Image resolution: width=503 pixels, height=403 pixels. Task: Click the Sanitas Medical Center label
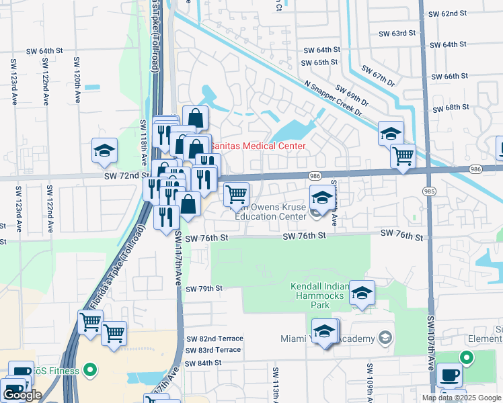[x=258, y=146]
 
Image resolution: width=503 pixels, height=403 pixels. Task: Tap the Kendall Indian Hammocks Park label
[x=320, y=296]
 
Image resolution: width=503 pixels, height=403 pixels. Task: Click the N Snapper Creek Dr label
[x=334, y=99]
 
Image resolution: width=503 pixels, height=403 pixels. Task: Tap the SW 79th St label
[x=204, y=288]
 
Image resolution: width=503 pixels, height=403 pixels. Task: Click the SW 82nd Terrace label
[x=213, y=339]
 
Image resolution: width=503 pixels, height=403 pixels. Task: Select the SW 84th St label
[x=204, y=363]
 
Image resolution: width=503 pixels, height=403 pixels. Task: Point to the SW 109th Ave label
[x=370, y=381]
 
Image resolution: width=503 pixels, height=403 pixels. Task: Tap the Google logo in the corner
[x=22, y=395]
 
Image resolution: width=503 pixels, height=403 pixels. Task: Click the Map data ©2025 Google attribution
[x=461, y=398]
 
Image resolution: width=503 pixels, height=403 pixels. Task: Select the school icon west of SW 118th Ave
[x=105, y=151]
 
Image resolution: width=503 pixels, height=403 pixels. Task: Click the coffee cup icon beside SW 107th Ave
[x=449, y=374]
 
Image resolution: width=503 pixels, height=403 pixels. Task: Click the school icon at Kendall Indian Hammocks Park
[x=362, y=293]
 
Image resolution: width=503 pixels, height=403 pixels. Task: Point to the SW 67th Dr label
[x=379, y=75]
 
